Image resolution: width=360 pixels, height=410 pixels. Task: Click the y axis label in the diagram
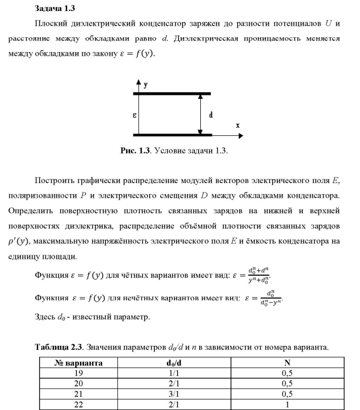[x=146, y=85]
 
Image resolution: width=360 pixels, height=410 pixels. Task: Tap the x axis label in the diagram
[x=238, y=126]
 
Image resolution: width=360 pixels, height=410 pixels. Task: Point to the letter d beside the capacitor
[x=211, y=116]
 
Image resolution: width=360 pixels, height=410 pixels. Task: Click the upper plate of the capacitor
[x=172, y=93]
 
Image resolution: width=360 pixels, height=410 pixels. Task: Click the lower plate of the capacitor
[x=172, y=134]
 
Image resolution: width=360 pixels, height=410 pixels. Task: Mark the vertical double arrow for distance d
[x=201, y=114]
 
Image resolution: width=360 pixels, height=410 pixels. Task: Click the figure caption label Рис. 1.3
[x=135, y=151]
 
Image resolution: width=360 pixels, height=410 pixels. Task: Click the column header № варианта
[x=78, y=363]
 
